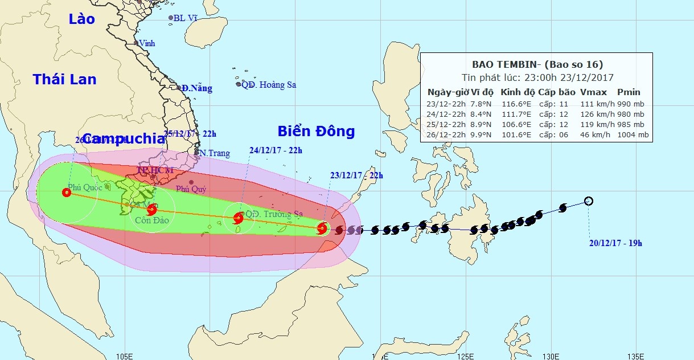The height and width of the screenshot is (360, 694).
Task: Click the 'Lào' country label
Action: pyautogui.click(x=82, y=19)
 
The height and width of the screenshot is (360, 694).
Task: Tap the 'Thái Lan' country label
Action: pyautogui.click(x=64, y=79)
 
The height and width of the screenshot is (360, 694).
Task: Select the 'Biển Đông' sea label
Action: pyautogui.click(x=316, y=132)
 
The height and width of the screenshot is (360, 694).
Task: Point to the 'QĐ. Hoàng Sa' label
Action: pyautogui.click(x=268, y=85)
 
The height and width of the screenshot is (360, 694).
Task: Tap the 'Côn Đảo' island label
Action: pyautogui.click(x=152, y=220)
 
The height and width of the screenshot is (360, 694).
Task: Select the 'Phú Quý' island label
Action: pyautogui.click(x=191, y=189)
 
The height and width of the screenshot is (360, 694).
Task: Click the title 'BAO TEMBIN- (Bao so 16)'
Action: pyautogui.click(x=537, y=64)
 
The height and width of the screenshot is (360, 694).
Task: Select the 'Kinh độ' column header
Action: pyautogui.click(x=516, y=92)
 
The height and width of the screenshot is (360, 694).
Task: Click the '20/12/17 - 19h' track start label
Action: pyautogui.click(x=615, y=243)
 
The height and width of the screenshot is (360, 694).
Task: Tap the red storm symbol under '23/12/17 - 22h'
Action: pyautogui.click(x=322, y=228)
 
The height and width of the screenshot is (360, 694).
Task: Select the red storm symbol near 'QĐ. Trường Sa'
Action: pyautogui.click(x=239, y=218)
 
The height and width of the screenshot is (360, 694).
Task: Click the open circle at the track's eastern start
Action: pyautogui.click(x=589, y=201)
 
